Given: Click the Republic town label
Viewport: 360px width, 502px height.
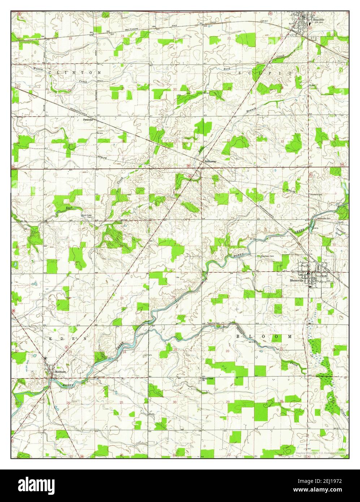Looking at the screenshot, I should point(319,20).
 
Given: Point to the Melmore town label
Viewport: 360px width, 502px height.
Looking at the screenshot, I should point(59,371).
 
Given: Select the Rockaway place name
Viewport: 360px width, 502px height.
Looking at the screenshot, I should point(210,161).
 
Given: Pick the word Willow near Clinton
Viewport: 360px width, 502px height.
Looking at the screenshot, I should point(38,69).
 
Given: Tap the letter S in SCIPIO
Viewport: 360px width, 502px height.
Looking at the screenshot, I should point(240,73).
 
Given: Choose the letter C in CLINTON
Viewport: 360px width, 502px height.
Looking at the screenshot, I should point(49,73).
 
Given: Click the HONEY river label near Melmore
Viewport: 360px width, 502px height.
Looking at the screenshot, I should point(68,385).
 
